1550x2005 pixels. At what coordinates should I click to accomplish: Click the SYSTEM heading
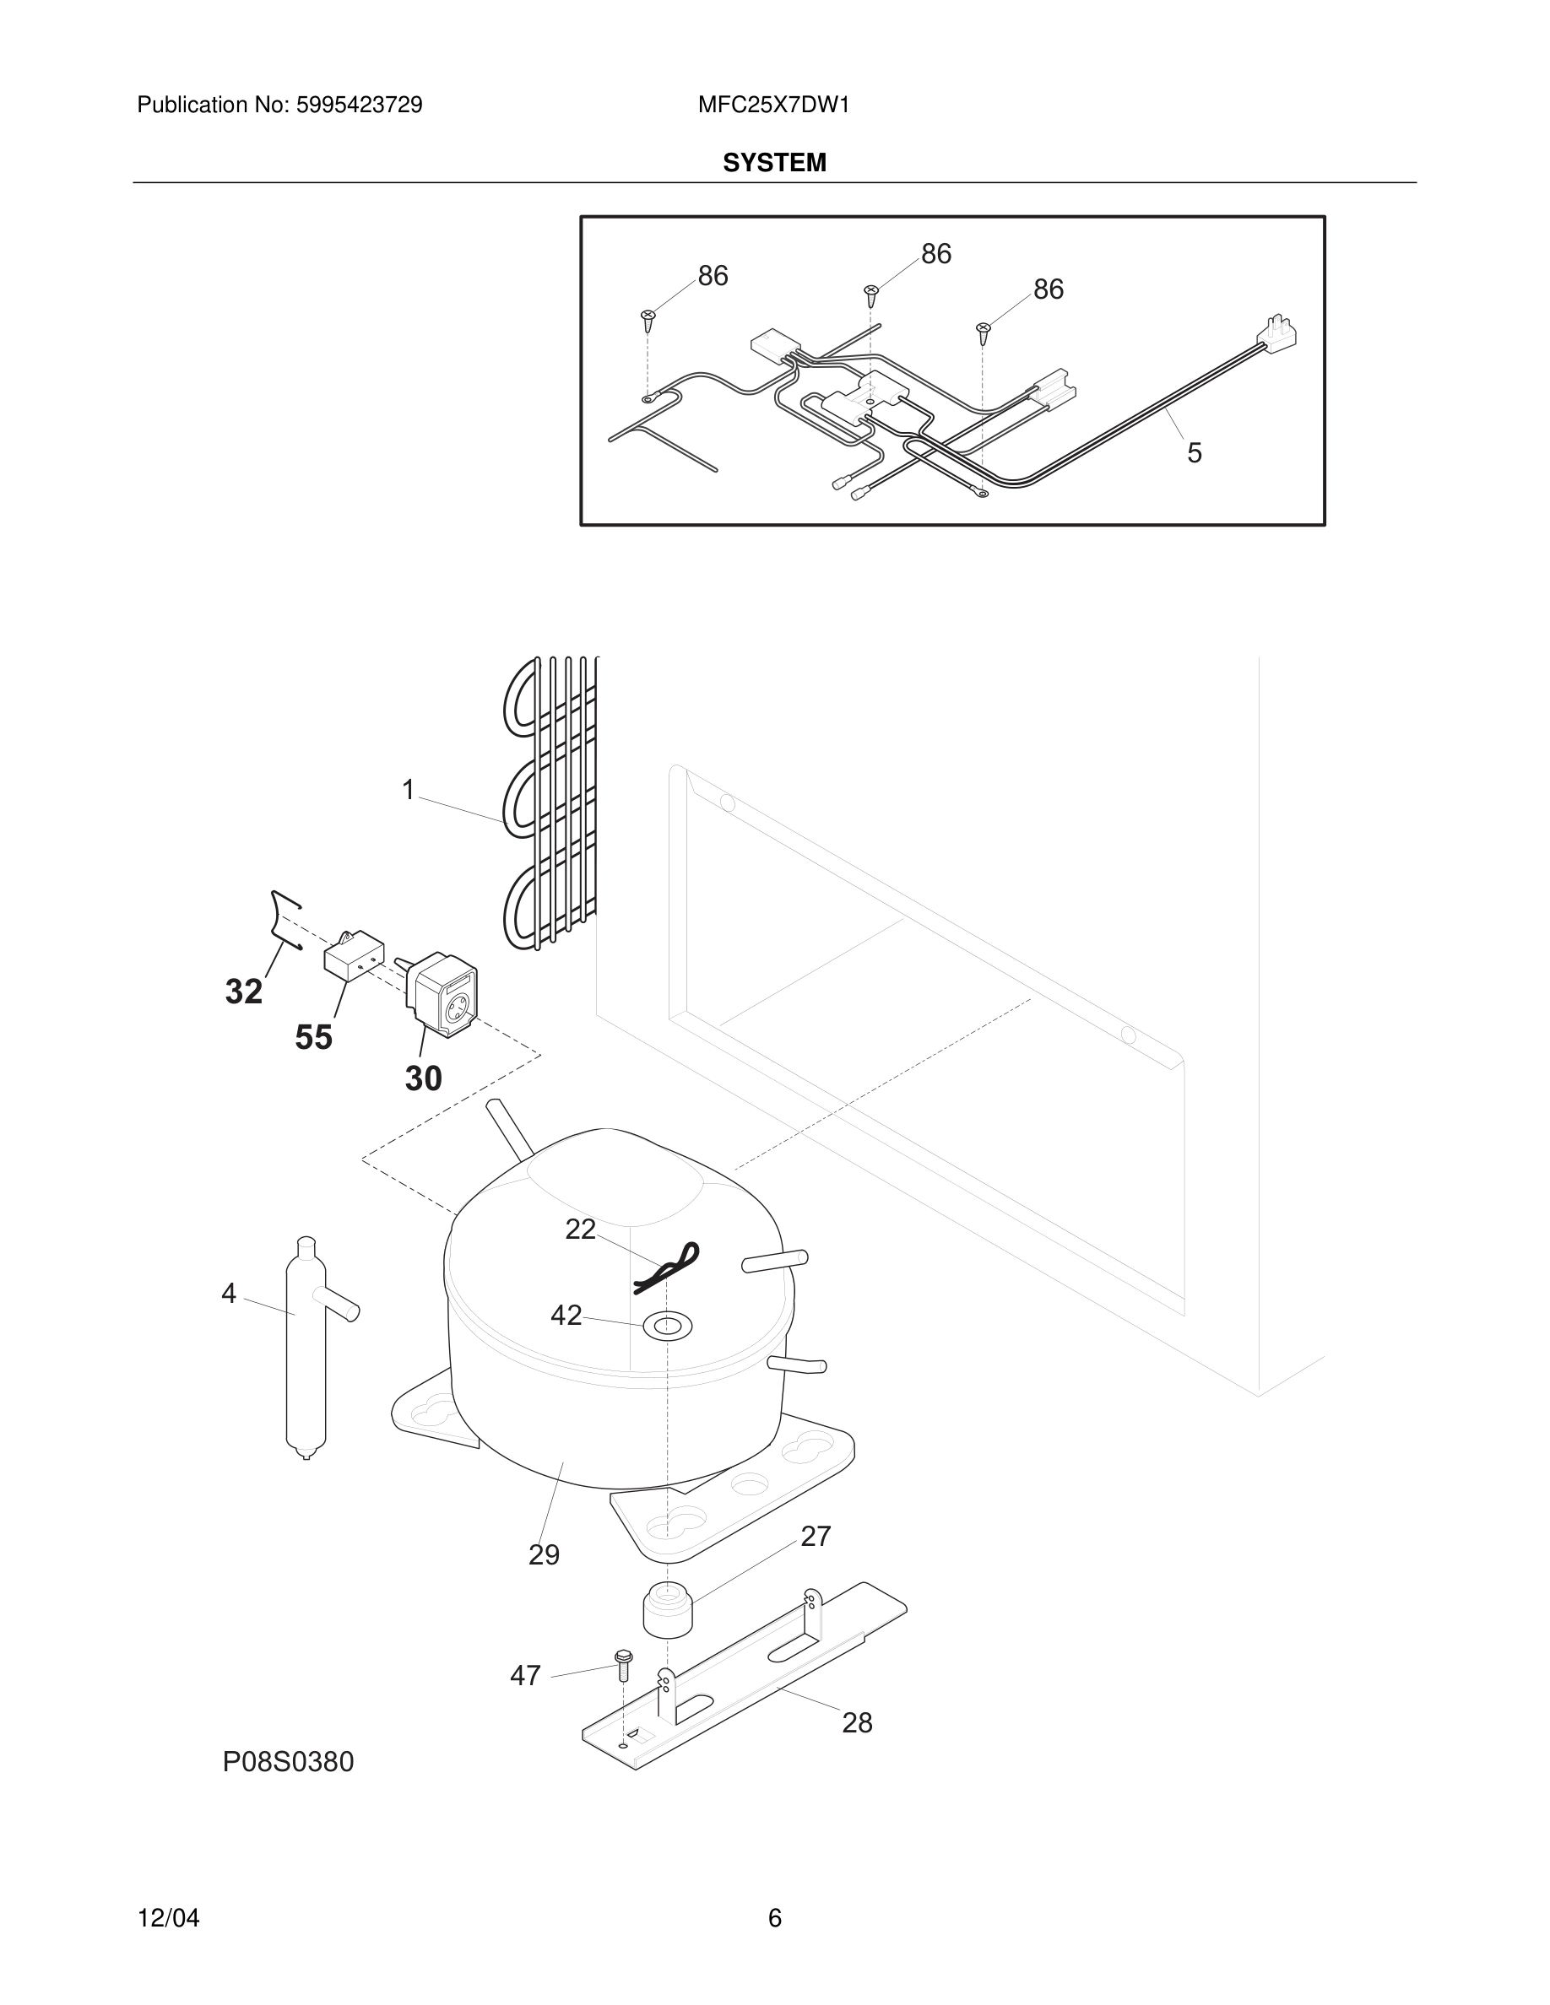(774, 163)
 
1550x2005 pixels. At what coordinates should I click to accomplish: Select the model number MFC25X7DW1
(773, 105)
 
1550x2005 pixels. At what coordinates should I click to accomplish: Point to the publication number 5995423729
(358, 105)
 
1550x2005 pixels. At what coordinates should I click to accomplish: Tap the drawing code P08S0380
(287, 1762)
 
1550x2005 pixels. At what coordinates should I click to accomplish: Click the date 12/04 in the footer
(168, 1918)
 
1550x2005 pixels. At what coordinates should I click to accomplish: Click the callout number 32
(244, 992)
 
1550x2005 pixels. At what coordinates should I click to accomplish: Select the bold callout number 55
(313, 1037)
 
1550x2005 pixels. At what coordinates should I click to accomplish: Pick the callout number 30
(423, 1078)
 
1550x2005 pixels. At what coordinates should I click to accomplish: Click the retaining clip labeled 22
(669, 1267)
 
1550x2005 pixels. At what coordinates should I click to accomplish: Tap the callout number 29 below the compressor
(544, 1555)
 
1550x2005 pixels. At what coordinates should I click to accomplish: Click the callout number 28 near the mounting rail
(857, 1722)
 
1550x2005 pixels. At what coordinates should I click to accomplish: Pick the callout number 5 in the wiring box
(1194, 452)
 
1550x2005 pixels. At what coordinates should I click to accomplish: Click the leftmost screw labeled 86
(648, 319)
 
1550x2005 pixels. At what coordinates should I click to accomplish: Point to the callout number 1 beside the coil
(409, 790)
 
